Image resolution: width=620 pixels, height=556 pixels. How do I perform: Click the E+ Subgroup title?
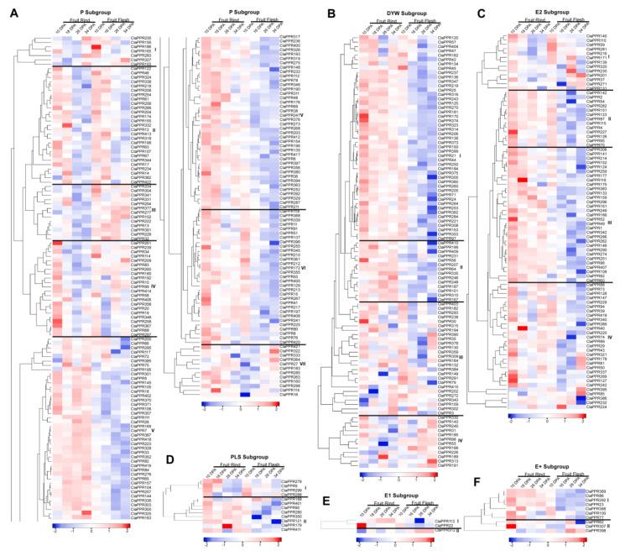click(x=547, y=464)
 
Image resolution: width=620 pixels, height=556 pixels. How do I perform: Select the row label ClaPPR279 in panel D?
click(x=290, y=481)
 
